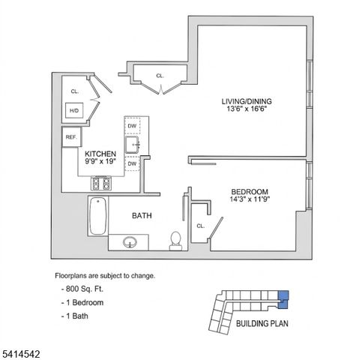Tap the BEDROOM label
250,191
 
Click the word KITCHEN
100,153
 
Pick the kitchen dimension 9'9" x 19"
100,161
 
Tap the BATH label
142,216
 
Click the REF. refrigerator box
72,137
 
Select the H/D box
75,111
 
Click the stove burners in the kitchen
101,182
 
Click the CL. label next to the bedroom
201,226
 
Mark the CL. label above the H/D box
75,91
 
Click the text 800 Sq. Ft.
84,289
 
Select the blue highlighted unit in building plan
283,298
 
